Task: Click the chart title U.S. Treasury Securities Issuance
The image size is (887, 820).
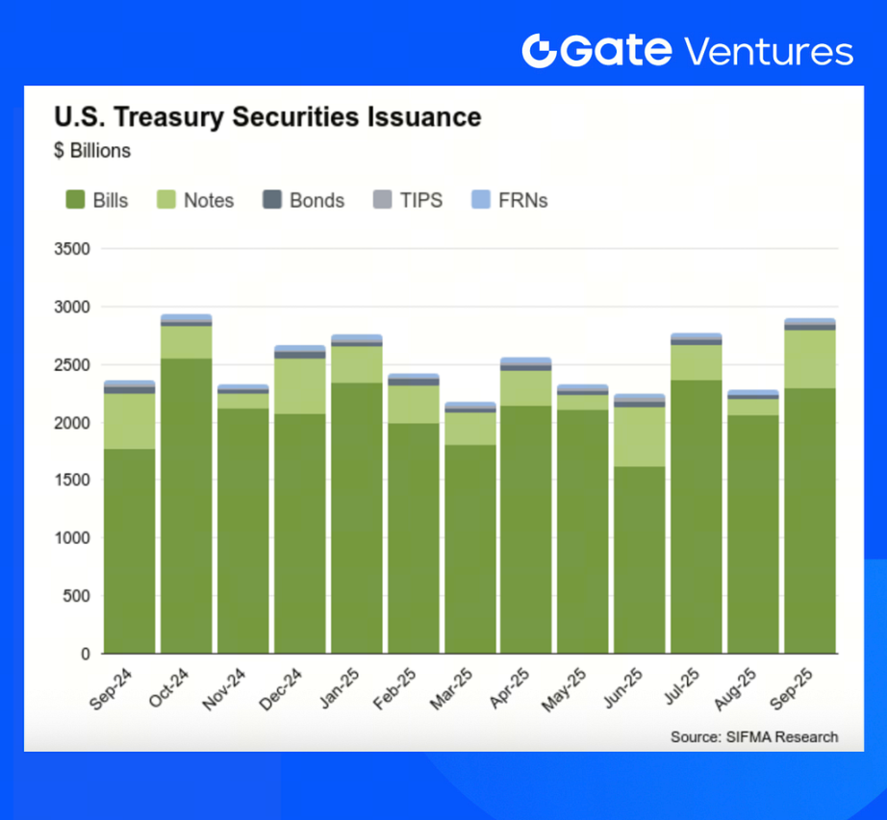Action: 267,117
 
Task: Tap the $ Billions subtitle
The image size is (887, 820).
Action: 92,151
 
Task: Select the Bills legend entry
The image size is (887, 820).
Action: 97,200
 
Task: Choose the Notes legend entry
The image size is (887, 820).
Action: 195,200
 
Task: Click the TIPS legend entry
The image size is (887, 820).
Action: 408,200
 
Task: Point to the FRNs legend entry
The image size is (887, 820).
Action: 510,200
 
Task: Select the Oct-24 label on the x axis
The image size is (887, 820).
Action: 168,686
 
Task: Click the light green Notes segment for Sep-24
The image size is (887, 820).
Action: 130,421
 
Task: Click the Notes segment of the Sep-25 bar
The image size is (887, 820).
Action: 810,359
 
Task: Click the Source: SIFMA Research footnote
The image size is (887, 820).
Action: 754,737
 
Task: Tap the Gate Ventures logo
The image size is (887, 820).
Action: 687,50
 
